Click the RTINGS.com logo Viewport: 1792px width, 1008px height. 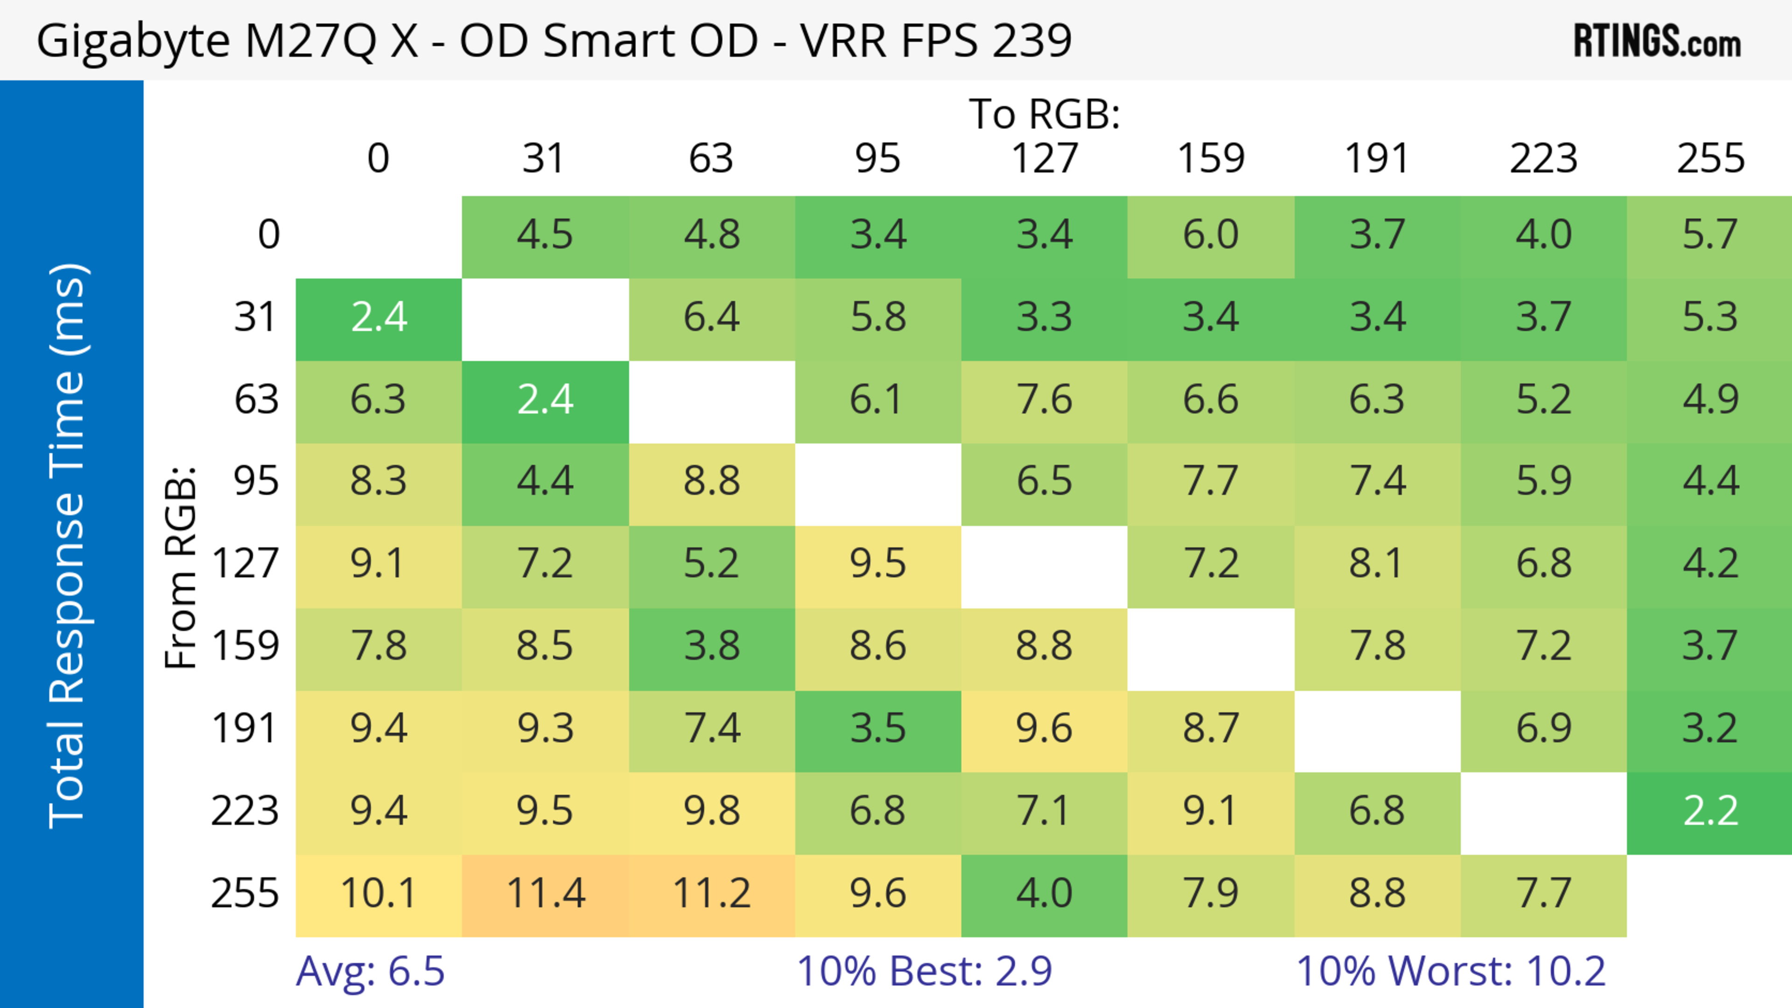tap(1657, 41)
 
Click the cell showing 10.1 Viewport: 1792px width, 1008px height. tap(378, 894)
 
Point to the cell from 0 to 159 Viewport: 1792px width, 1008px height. tap(1211, 235)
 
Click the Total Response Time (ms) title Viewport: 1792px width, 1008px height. tap(68, 546)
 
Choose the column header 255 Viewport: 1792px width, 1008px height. tap(1710, 159)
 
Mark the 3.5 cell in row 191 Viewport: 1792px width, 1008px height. tap(878, 729)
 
